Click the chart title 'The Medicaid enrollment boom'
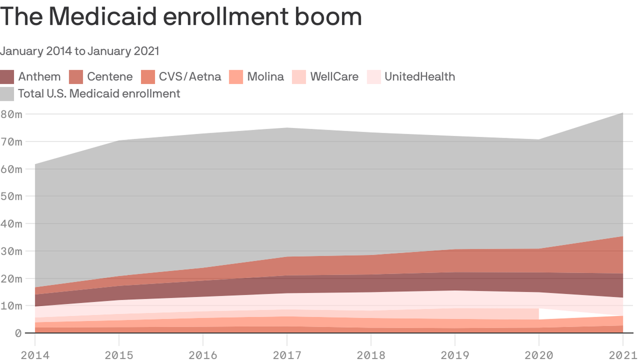coord(181,16)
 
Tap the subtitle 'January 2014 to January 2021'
coord(80,51)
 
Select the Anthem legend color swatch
coord(7,77)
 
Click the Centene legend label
coord(110,76)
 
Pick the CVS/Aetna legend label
coord(190,76)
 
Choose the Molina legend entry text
coord(265,76)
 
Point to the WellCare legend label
coord(334,76)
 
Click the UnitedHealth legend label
coord(419,76)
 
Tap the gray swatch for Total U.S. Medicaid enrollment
coord(7,94)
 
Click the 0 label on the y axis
coord(18,333)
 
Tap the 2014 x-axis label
coord(35,355)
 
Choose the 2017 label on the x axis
coord(287,355)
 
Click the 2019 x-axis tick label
coord(455,355)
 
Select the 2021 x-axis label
coord(622,355)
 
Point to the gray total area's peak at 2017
coord(287,128)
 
